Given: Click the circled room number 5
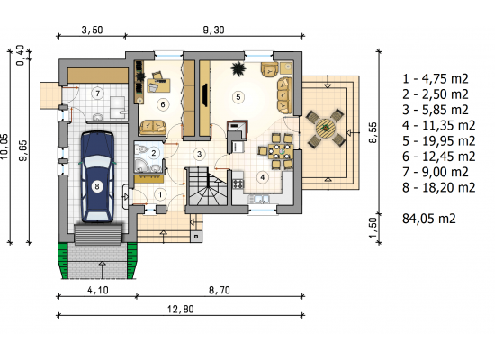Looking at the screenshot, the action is pos(238,97).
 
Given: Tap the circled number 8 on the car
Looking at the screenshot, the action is pos(97,186).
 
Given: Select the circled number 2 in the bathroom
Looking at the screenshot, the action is pos(154,153).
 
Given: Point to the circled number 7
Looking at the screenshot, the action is pos(98,94).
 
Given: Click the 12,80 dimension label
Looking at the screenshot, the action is pos(181,309).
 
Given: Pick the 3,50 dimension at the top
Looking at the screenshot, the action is pos(92,30).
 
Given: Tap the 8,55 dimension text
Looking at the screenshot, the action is pos(373,132).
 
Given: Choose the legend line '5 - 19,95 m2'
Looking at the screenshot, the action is pos(438,140).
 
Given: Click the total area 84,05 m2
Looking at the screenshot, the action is pos(429,219).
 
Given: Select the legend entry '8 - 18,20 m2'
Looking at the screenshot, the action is pos(438,187).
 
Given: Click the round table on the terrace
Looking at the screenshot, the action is pos(325,128).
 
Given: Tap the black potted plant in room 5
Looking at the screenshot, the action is pos(238,68).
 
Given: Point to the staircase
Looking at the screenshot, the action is pos(208,187).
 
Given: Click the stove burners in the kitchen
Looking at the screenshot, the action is pos(238,184).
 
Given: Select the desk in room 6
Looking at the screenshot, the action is pos(158,85).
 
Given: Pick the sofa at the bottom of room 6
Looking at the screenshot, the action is pos(153,127).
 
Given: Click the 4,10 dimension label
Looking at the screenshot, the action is pos(97,290).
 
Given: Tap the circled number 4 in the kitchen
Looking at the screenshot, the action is pos(262,177).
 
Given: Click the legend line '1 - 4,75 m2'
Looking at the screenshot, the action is pos(436,78).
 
